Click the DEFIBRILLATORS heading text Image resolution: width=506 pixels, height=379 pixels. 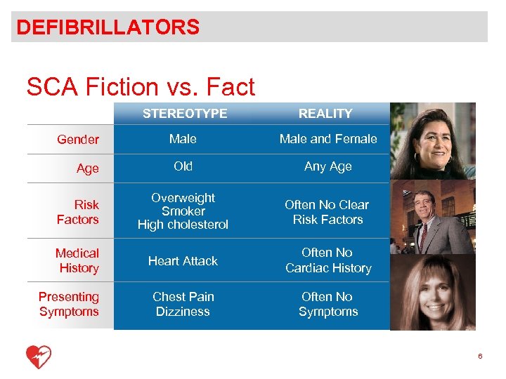[108, 27]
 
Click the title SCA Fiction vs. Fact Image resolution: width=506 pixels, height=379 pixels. [141, 87]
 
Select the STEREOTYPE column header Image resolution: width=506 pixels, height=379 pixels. [184, 113]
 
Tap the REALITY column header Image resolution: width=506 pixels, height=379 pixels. [325, 113]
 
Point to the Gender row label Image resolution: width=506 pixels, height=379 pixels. [78, 140]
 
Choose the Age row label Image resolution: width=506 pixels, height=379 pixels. [88, 168]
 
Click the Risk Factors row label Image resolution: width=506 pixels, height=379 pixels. [79, 212]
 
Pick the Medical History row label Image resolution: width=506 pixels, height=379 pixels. [77, 260]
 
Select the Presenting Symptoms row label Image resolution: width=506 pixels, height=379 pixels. [69, 304]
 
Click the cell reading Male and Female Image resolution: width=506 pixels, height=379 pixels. [328, 139]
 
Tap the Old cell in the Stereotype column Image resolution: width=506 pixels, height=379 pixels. [183, 166]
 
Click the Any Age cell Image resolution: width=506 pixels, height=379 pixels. [328, 166]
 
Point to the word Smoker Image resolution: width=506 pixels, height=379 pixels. [183, 211]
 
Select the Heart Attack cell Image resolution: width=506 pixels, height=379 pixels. [183, 261]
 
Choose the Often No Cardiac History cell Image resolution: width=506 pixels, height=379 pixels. [328, 260]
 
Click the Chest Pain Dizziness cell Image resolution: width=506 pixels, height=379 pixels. [183, 304]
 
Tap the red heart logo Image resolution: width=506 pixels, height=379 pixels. [39, 357]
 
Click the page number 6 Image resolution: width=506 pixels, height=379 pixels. [480, 357]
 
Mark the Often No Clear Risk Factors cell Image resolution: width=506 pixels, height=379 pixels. [328, 212]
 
